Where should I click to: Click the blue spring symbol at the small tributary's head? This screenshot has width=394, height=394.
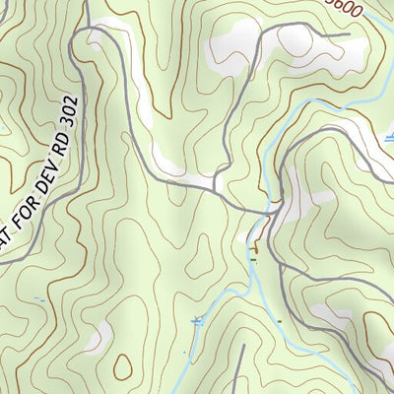pyautogui.click(x=196, y=319)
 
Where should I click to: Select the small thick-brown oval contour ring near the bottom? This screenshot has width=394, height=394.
pyautogui.click(x=122, y=367)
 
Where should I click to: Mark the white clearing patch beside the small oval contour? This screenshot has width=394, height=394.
pyautogui.click(x=96, y=341)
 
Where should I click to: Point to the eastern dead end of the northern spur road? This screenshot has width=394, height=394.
pyautogui.click(x=349, y=35)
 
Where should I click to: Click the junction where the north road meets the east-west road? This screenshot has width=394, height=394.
pyautogui.click(x=216, y=187)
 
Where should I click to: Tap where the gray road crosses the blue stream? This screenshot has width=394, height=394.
pyautogui.click(x=267, y=211)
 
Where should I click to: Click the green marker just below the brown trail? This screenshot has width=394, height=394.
pyautogui.click(x=253, y=259)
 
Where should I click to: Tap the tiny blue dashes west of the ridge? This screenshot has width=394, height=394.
pyautogui.click(x=39, y=297)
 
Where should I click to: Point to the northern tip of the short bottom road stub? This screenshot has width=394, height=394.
pyautogui.click(x=241, y=347)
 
